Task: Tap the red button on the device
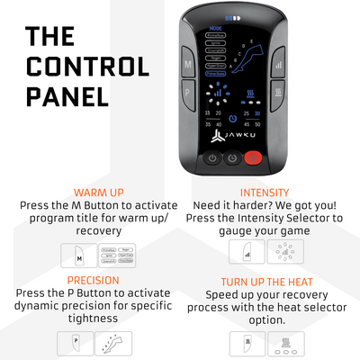pos(253,158)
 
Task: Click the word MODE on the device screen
pos(214,29)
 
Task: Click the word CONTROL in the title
pos(87,67)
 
